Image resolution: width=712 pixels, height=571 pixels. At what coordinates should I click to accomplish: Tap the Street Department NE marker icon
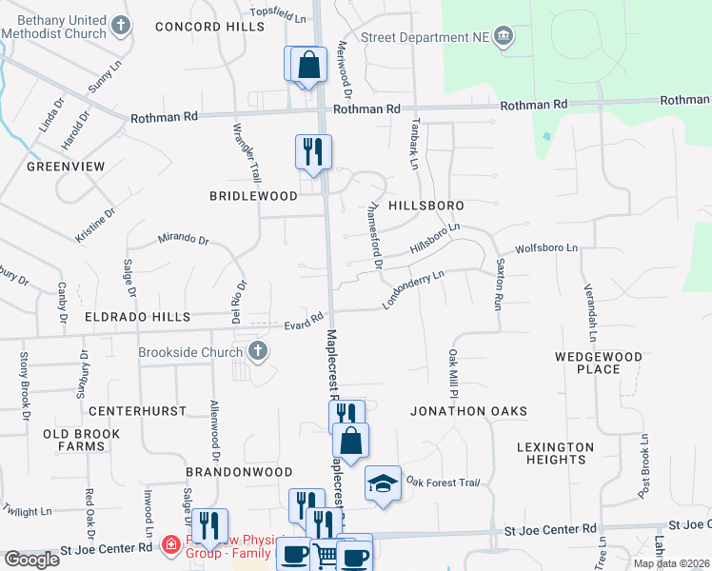[504, 37]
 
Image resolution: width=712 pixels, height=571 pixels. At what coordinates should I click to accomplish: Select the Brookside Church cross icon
[257, 352]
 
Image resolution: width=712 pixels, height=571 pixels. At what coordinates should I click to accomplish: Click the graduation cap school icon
[383, 483]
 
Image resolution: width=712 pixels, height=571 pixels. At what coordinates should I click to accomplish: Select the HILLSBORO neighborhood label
[425, 206]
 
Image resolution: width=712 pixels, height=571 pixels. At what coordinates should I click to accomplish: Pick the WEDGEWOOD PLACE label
[599, 363]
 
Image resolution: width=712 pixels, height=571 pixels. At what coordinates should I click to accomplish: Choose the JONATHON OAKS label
[468, 411]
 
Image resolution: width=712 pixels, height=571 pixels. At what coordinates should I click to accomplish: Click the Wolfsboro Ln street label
[546, 248]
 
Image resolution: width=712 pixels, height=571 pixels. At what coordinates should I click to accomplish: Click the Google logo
[32, 560]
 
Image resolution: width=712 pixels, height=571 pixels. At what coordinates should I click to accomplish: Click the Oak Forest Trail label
[437, 482]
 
